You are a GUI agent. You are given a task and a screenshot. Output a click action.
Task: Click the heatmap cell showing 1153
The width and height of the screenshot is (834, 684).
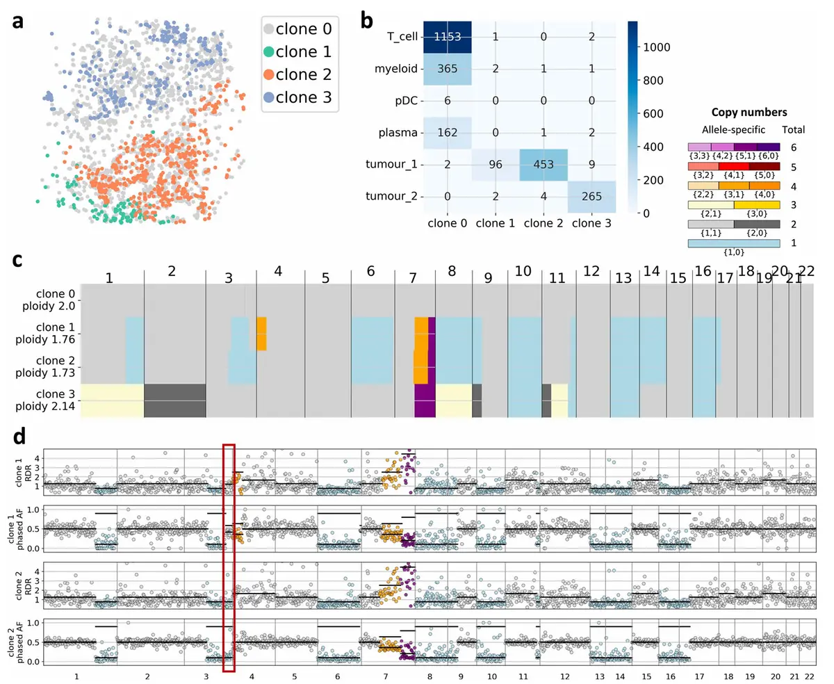click(x=448, y=36)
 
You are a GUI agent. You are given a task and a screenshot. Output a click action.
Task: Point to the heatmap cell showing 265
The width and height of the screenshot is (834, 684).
click(x=592, y=196)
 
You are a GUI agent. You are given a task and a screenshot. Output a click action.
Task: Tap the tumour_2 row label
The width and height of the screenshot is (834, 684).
click(x=393, y=196)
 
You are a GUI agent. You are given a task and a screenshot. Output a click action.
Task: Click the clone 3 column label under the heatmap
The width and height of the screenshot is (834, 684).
click(x=592, y=225)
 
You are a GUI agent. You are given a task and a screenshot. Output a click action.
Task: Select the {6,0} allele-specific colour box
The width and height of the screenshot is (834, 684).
click(x=767, y=147)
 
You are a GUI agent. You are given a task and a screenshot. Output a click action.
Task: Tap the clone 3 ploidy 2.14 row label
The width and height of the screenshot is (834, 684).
click(x=49, y=400)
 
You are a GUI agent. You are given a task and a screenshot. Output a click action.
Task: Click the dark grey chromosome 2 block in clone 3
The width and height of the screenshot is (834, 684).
click(x=175, y=400)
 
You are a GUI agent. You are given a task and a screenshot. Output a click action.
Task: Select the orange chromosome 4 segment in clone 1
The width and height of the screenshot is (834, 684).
click(x=261, y=333)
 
